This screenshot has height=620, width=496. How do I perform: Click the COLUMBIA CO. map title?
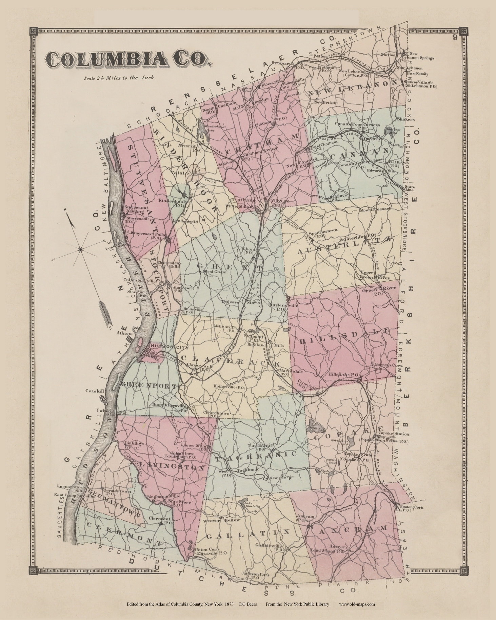127,60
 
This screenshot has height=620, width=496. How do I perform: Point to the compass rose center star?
81,249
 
